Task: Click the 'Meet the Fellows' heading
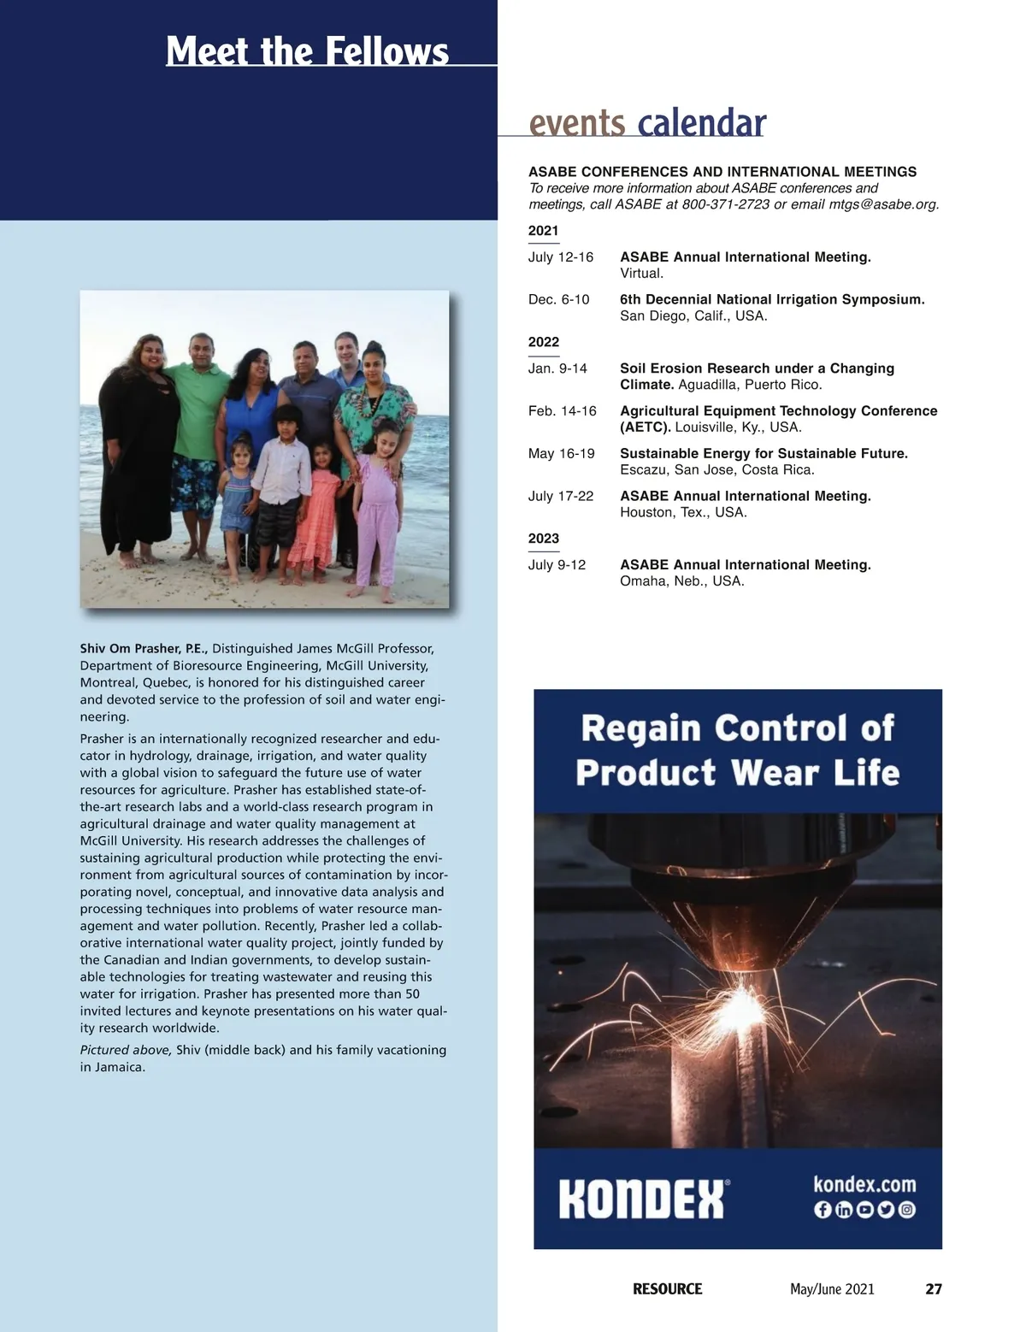click(x=307, y=50)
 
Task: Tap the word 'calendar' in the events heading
click(x=701, y=123)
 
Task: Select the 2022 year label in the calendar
click(x=544, y=342)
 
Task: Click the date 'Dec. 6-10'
click(x=558, y=299)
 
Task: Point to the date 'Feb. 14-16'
click(x=562, y=411)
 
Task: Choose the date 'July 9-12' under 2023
click(x=557, y=565)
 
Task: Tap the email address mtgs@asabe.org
click(x=884, y=204)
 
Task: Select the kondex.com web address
click(x=864, y=1184)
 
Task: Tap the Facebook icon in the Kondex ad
click(x=823, y=1210)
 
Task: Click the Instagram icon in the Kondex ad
click(x=906, y=1210)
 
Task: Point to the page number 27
click(x=934, y=1289)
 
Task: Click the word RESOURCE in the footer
click(x=667, y=1289)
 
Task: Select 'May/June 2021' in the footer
click(x=832, y=1289)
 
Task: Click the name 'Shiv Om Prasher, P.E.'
click(x=144, y=649)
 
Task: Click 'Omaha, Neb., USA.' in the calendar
click(x=681, y=581)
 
